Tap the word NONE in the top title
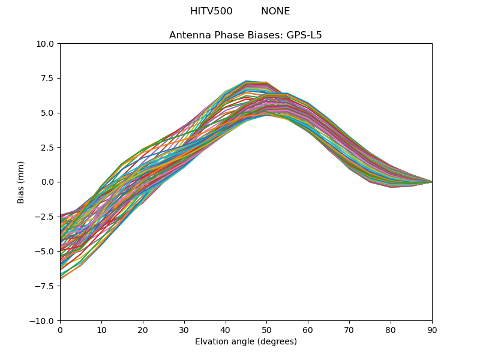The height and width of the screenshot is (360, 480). (275, 11)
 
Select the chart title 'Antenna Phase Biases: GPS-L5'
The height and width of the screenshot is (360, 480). (245, 35)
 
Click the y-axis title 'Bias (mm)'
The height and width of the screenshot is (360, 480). (21, 182)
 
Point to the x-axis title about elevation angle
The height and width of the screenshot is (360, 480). (245, 342)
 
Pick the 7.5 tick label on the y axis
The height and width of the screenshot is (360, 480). (47, 79)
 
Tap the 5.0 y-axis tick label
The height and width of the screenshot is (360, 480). (47, 113)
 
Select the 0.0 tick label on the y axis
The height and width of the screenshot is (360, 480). (47, 182)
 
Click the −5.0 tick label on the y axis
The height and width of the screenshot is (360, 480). (45, 251)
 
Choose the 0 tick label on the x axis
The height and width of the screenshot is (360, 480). (60, 330)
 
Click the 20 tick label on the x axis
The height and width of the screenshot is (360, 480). (143, 330)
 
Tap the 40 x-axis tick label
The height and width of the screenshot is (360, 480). (226, 330)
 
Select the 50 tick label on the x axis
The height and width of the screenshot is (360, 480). (266, 330)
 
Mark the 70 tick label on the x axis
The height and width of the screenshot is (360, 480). (349, 330)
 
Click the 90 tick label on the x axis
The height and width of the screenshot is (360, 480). (432, 330)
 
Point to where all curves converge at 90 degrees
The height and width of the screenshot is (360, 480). (431, 182)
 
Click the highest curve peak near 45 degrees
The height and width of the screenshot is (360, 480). (246, 80)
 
